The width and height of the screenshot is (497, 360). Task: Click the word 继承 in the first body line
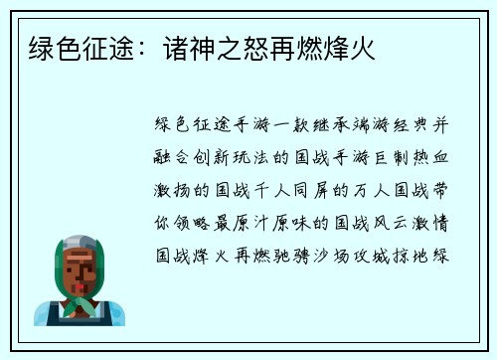tap(320, 123)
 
